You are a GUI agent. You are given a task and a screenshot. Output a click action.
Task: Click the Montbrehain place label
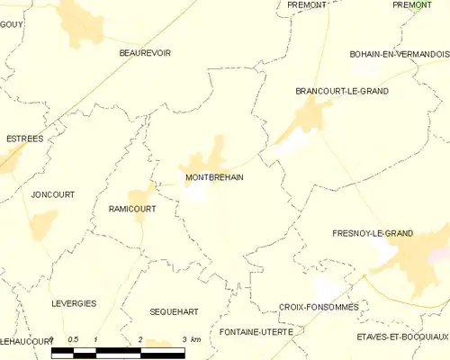(213, 177)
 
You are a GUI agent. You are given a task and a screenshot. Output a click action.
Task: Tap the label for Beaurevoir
(145, 53)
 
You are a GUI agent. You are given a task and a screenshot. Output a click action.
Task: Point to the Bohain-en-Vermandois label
(399, 54)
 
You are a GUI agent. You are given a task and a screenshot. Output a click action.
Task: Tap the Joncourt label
(52, 193)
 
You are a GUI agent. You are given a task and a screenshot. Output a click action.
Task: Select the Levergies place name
(74, 303)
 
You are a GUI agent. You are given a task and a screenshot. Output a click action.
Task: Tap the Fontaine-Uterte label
(256, 332)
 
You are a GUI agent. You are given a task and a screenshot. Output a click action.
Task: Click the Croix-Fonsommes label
(319, 307)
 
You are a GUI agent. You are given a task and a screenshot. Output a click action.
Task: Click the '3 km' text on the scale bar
(190, 339)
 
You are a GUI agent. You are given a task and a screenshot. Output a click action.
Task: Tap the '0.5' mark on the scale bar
(75, 339)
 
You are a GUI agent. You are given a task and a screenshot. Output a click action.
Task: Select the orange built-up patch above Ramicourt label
(139, 195)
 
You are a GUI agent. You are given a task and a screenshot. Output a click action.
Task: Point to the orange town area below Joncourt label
(43, 224)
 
